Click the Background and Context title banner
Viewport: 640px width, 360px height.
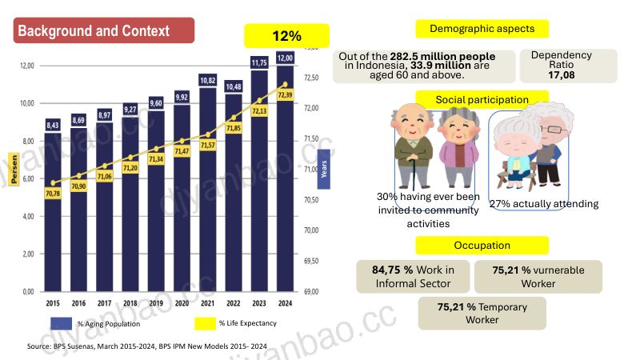point(104,30)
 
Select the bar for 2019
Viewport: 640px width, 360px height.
point(156,201)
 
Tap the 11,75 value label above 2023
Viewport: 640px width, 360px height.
point(259,62)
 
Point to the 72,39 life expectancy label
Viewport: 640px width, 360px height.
point(285,95)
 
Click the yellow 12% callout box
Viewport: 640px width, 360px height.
point(286,36)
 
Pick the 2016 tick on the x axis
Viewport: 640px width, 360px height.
point(78,303)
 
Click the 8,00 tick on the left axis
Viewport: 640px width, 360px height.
point(28,142)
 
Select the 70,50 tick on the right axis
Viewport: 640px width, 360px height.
point(311,199)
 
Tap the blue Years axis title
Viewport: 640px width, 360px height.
point(324,169)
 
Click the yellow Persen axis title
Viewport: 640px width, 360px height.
point(14,169)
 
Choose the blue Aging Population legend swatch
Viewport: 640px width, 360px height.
point(62,323)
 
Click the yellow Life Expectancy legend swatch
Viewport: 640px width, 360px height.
point(205,323)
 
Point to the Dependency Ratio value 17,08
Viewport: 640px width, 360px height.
point(562,75)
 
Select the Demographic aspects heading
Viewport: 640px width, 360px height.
point(482,29)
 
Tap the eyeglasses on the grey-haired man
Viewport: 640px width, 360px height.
point(554,130)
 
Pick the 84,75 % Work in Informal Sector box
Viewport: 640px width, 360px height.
point(413,277)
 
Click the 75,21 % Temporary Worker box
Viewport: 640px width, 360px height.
point(482,313)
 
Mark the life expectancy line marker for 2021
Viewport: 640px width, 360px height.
point(208,134)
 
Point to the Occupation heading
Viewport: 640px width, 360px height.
point(482,246)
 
